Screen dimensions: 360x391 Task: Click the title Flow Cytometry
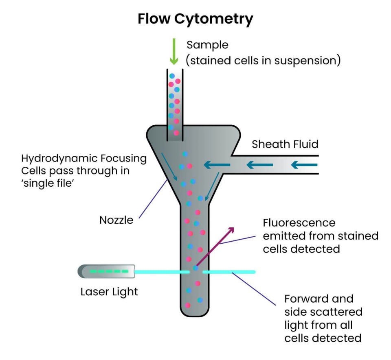coord(195,19)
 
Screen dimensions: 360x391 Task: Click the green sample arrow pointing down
coord(174,52)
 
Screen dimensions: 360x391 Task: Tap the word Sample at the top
coord(207,45)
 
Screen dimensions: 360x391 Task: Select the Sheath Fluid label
coord(285,144)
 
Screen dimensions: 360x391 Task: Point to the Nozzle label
coord(116,220)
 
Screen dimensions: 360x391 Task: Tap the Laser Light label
coord(109,291)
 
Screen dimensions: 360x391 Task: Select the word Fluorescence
coord(299,223)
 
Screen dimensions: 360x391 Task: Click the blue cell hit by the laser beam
coord(196,268)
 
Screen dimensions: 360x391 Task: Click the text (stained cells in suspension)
coord(263,61)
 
